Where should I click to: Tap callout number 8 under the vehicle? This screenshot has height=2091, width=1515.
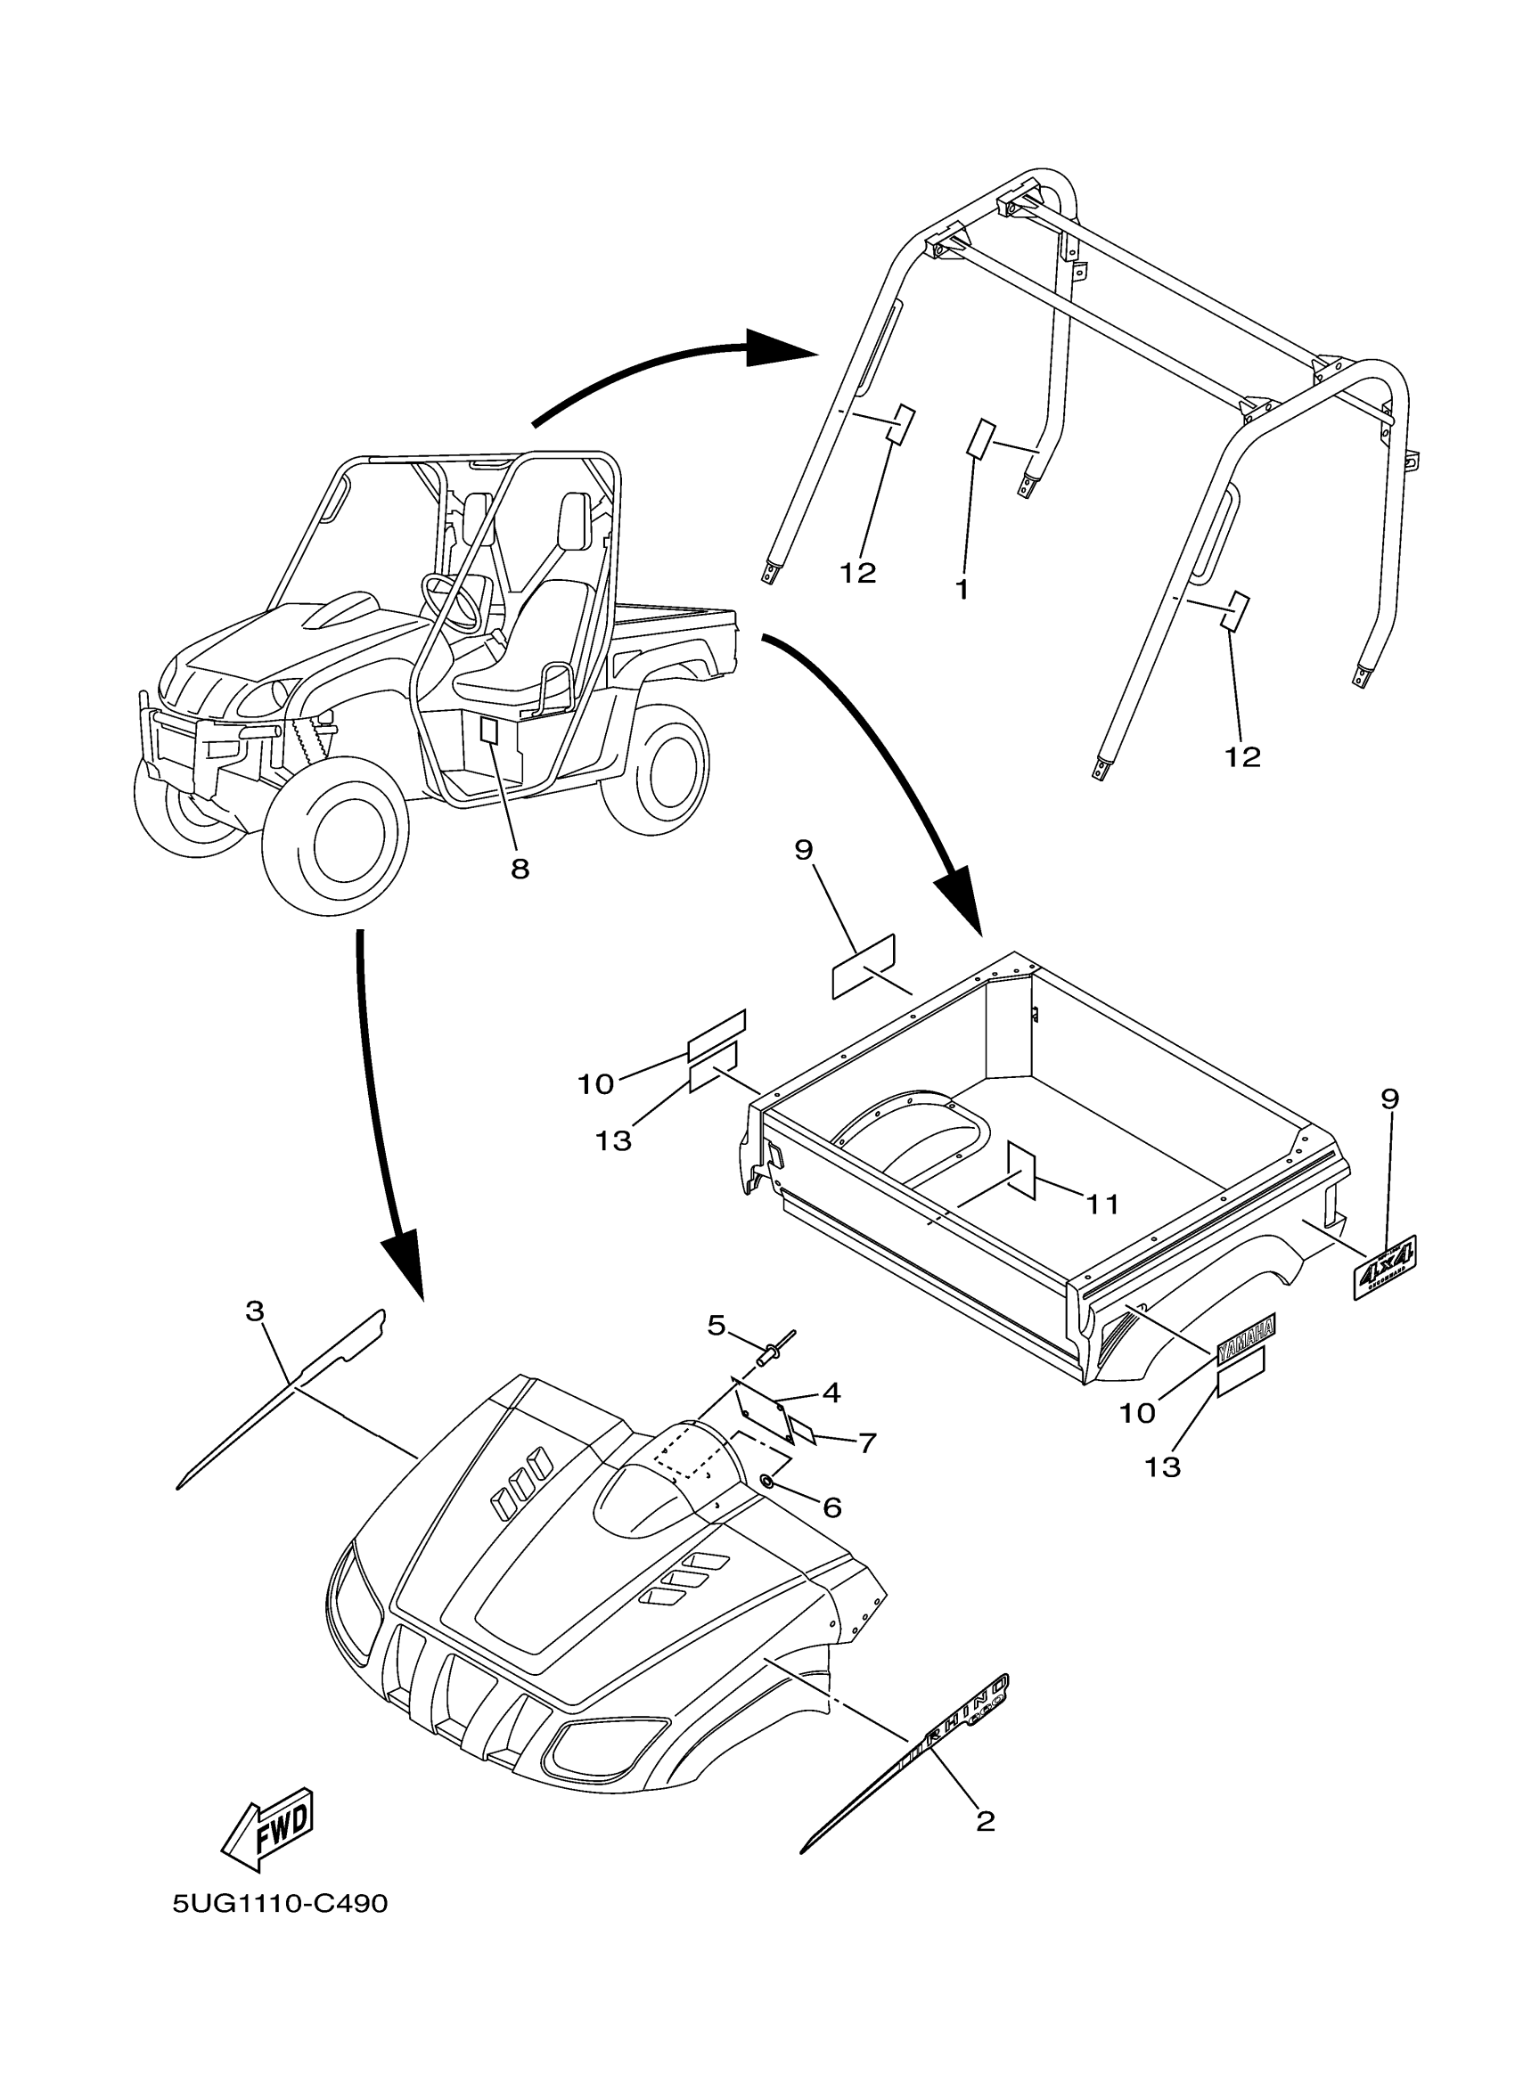pyautogui.click(x=520, y=868)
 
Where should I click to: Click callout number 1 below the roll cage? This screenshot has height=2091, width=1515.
pyautogui.click(x=962, y=589)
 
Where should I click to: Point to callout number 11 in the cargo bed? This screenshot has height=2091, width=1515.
pyautogui.click(x=1101, y=1203)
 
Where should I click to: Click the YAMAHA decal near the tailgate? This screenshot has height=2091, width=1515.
pyautogui.click(x=1246, y=1341)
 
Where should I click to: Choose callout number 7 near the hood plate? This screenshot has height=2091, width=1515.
pyautogui.click(x=867, y=1443)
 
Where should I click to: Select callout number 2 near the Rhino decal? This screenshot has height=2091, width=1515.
pyautogui.click(x=985, y=1821)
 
